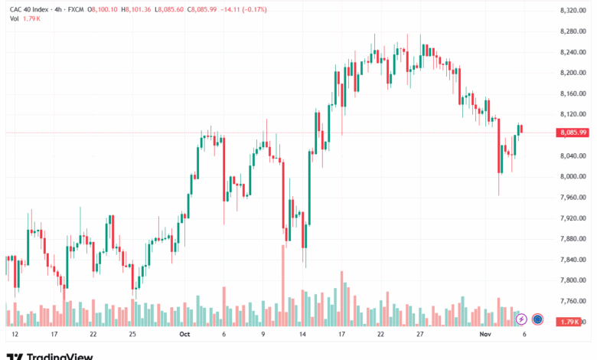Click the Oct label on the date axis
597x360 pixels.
pos(184,335)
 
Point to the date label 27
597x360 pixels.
pos(419,335)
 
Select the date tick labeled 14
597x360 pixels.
pos(302,335)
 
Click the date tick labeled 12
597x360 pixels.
pos(15,335)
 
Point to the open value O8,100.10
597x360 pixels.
pos(103,10)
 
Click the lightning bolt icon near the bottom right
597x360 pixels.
pos(522,319)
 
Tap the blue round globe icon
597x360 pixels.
pos(537,319)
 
